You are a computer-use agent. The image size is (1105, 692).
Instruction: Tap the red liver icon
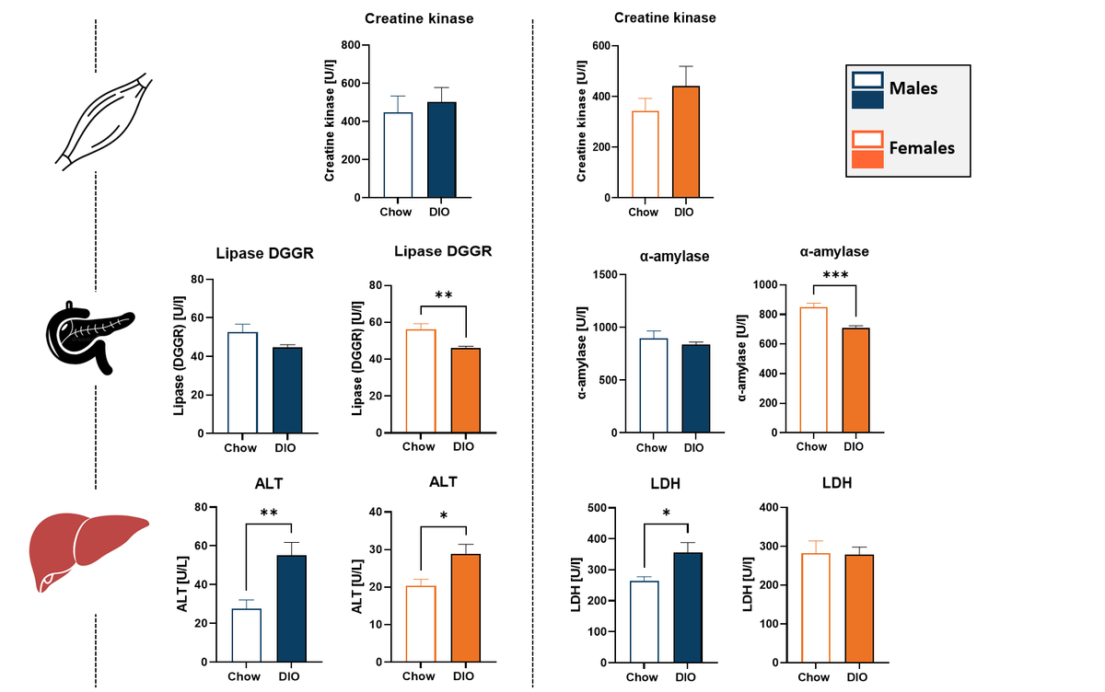click(x=87, y=549)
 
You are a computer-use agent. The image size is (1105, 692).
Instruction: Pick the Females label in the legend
click(x=921, y=147)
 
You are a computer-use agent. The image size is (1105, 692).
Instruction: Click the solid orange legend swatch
click(x=867, y=159)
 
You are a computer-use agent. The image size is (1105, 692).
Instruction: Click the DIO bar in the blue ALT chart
click(x=291, y=608)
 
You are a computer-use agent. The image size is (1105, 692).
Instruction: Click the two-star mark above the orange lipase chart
click(x=443, y=295)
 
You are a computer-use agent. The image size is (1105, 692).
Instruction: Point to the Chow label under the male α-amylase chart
click(x=651, y=448)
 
